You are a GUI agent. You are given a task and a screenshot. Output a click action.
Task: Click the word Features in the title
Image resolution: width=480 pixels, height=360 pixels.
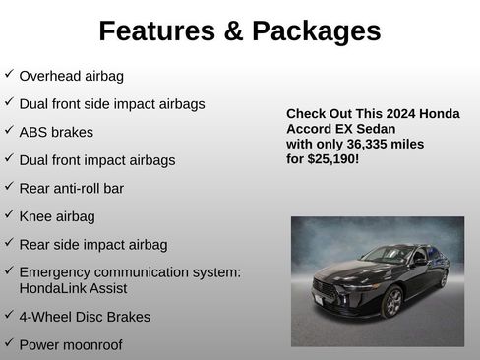[156, 30]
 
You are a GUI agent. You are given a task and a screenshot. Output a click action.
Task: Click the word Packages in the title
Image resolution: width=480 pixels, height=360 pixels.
[316, 30]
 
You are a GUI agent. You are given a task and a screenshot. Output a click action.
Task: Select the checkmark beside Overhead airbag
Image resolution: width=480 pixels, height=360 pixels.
[9, 74]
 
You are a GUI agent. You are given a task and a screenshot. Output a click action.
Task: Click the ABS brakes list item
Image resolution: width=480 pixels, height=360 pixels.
[56, 131]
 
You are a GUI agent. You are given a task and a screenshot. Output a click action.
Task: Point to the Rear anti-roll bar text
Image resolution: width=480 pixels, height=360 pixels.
[72, 188]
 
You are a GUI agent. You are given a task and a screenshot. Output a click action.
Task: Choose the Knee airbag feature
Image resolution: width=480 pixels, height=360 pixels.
[57, 216]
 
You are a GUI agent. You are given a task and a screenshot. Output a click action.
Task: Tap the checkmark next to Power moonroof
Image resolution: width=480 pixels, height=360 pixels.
[9, 343]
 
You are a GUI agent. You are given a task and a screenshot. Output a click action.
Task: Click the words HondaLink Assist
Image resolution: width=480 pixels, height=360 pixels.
[73, 288]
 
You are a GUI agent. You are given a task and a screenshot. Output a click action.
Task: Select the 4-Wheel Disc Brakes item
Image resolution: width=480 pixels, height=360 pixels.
[85, 317]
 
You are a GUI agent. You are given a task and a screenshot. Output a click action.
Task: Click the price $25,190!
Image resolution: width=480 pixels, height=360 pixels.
[333, 157]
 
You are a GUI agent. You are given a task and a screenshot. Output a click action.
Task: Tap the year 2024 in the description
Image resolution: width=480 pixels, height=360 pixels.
[391, 114]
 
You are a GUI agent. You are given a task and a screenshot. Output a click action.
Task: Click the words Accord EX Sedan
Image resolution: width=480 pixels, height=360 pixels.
[340, 129]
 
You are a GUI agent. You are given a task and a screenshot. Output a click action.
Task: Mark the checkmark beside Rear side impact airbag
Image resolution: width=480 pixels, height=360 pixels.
[9, 243]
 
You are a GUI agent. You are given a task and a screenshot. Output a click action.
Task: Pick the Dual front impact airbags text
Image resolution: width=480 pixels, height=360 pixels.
[97, 159]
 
